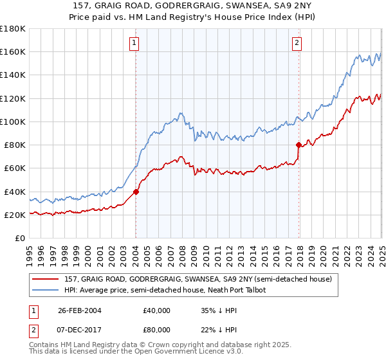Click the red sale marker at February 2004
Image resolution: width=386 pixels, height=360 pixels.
(136, 191)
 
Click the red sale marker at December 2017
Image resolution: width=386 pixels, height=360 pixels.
(299, 145)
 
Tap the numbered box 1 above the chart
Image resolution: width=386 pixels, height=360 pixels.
(134, 44)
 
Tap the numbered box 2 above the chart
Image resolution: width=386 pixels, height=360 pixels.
(297, 44)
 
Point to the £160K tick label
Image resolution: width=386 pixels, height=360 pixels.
(13, 51)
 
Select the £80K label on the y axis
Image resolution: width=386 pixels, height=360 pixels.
(15, 145)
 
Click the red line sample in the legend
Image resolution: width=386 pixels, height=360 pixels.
(46, 279)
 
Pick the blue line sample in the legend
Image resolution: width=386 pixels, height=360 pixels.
(46, 291)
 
